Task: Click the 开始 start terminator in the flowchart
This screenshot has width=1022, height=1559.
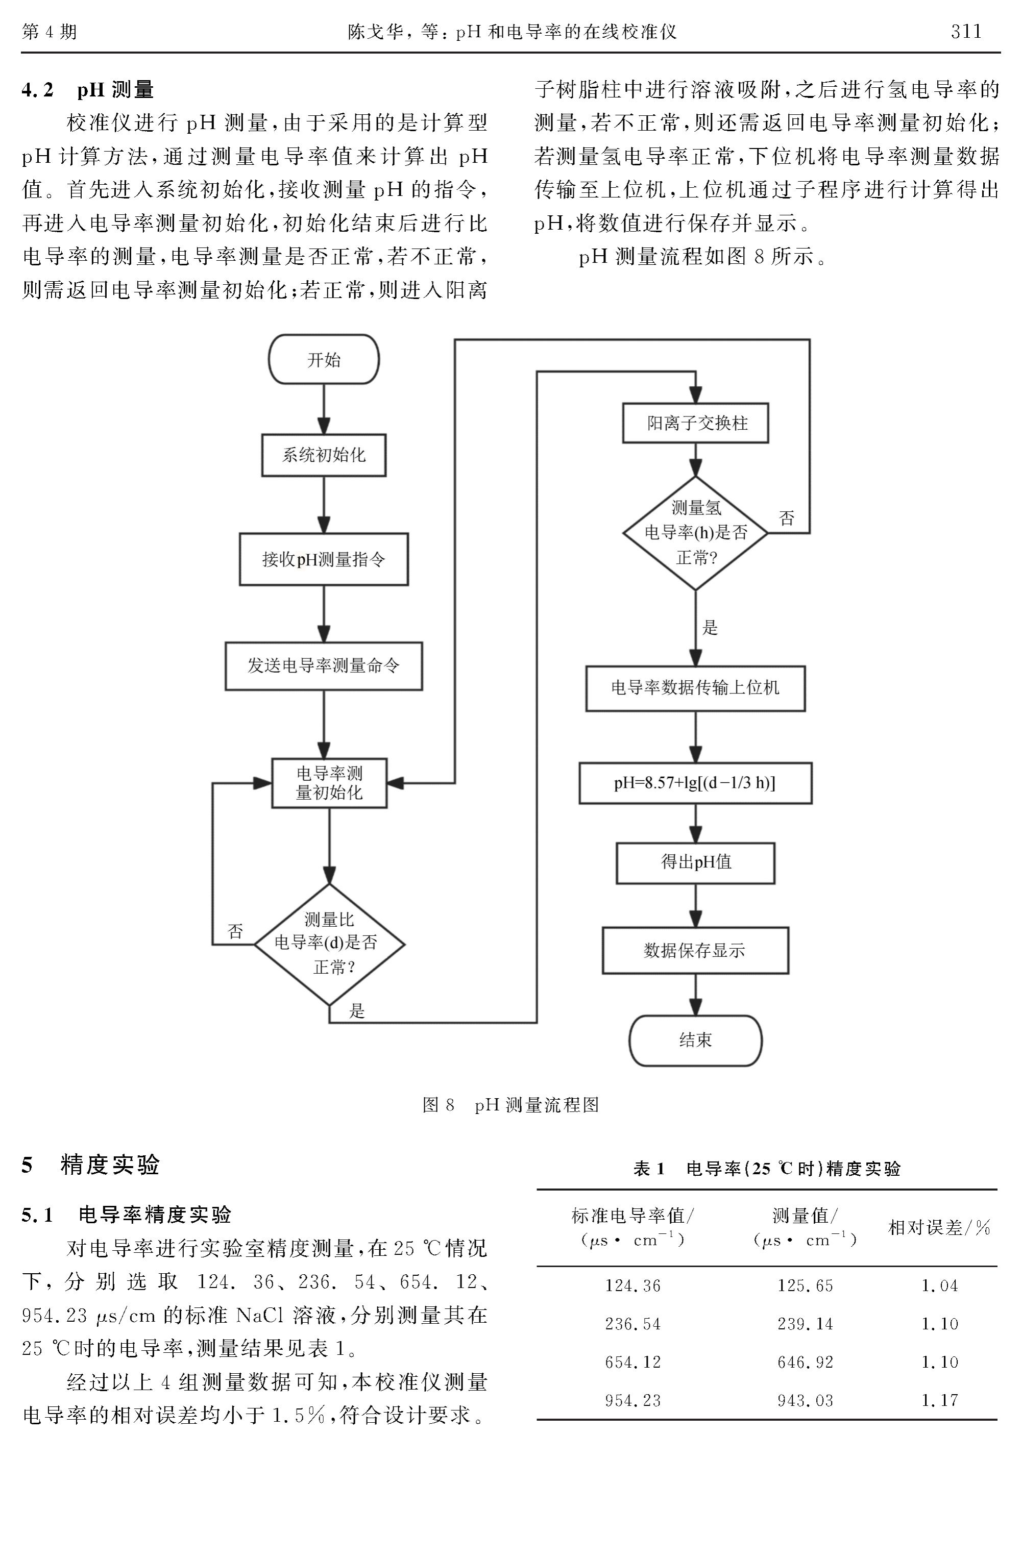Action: (324, 360)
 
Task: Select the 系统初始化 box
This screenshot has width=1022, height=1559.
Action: (324, 455)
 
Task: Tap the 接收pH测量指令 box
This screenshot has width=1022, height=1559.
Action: (324, 559)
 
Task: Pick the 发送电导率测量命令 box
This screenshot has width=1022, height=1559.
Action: (324, 665)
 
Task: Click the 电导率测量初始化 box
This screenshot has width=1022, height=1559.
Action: (329, 783)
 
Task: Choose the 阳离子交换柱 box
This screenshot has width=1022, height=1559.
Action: (696, 423)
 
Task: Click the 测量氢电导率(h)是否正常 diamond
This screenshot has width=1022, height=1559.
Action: (696, 533)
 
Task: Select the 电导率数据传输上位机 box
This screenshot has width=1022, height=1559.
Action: (696, 688)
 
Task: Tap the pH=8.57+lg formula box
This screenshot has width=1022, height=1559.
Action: (696, 783)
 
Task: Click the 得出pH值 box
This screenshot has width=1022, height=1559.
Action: (696, 863)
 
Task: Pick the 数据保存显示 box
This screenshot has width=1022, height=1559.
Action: (696, 951)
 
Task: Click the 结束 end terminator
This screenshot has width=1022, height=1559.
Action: (696, 1040)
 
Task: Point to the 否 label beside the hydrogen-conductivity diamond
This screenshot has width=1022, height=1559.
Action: (787, 518)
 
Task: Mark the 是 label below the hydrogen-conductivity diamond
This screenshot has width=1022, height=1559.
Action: (710, 628)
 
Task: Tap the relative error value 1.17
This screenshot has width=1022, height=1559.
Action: (939, 1400)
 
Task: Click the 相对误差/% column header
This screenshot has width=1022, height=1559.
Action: (939, 1227)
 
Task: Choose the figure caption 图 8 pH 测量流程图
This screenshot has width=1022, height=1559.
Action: (510, 1105)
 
